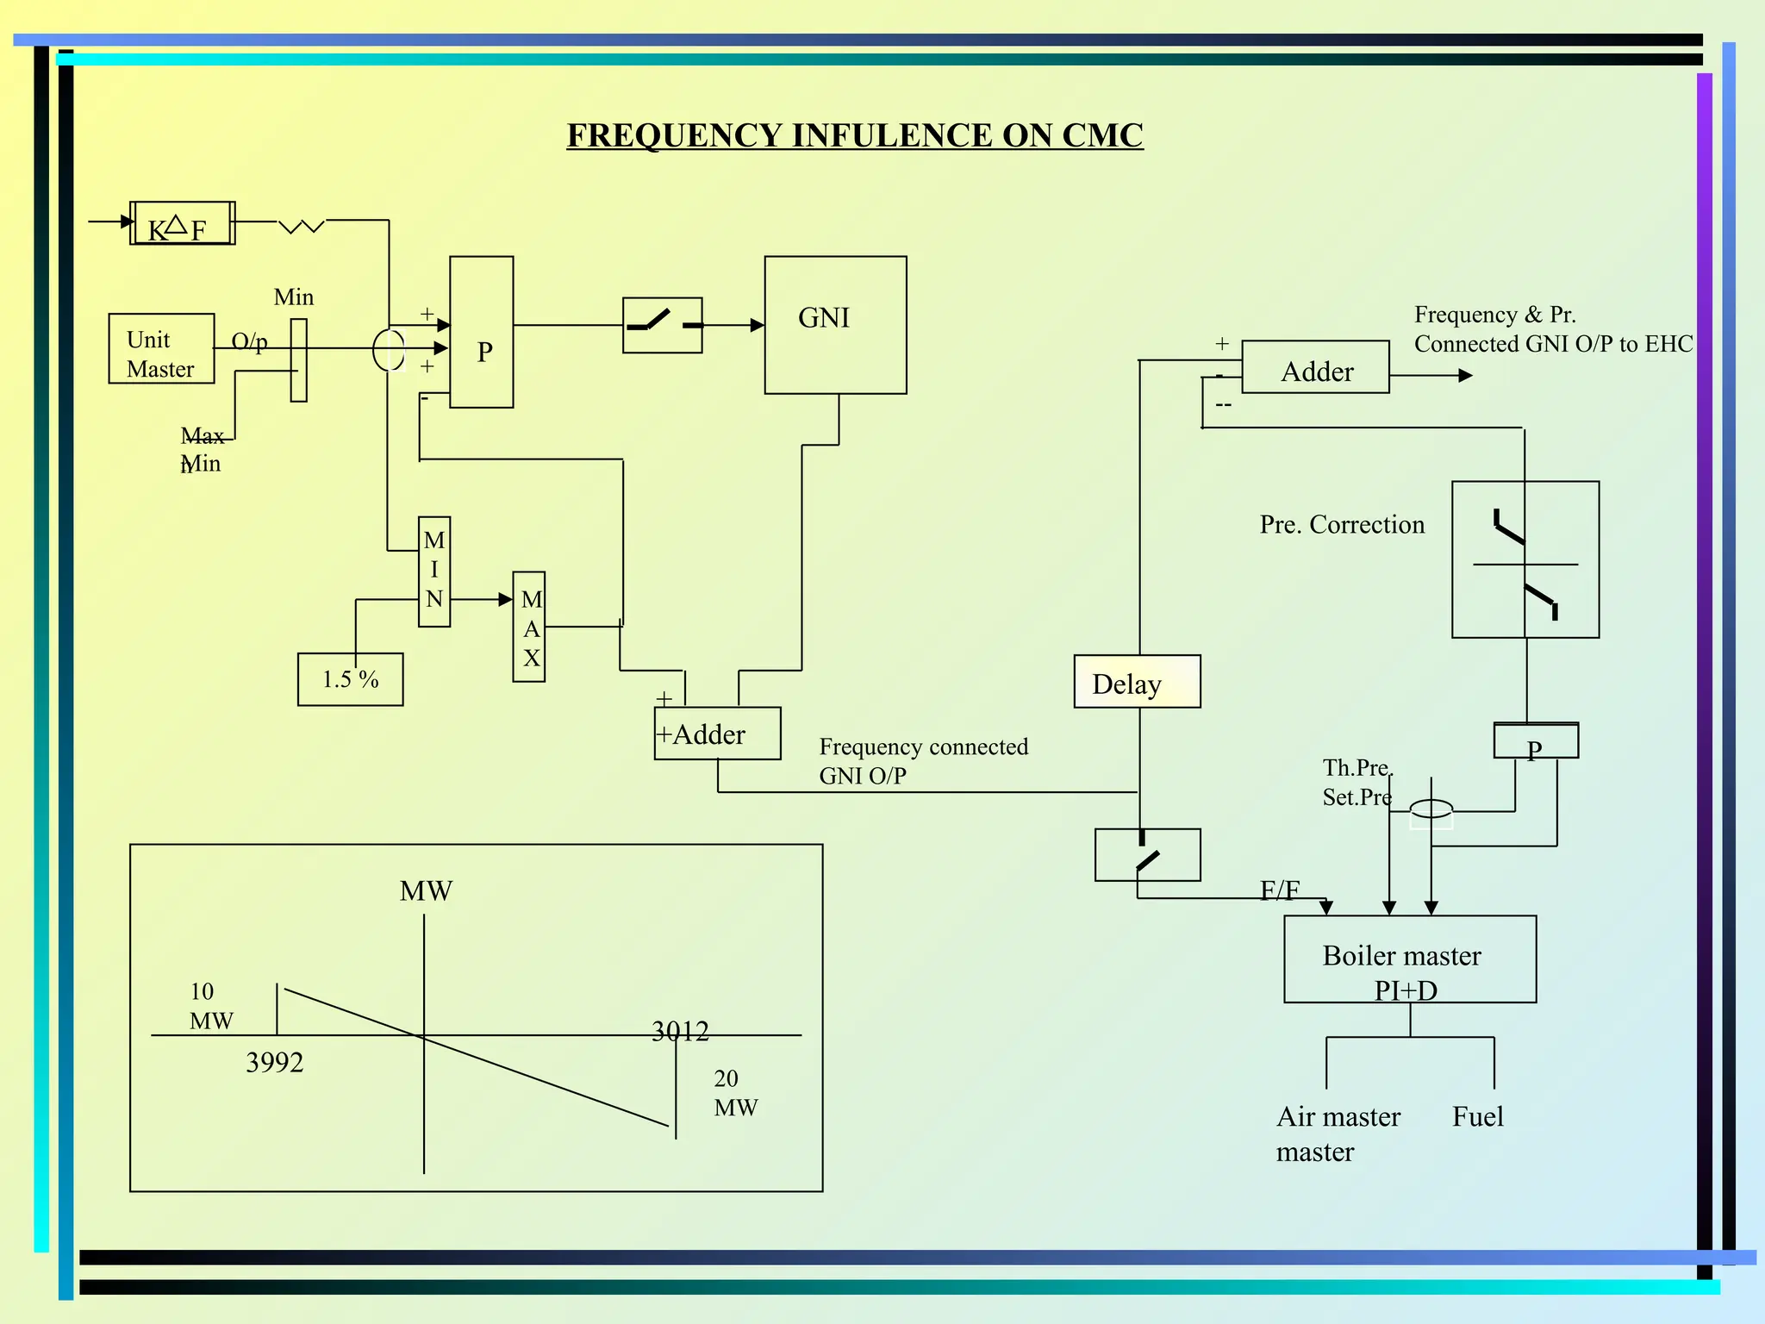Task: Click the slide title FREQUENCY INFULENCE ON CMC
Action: tap(854, 135)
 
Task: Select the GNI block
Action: tap(834, 324)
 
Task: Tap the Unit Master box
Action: tap(161, 348)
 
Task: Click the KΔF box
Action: tap(182, 223)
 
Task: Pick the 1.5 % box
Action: tap(350, 679)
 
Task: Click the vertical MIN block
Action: tap(433, 571)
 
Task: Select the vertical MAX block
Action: tap(528, 627)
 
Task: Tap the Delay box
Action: tap(1136, 682)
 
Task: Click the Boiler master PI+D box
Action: tap(1409, 959)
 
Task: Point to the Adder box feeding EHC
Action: tap(1315, 367)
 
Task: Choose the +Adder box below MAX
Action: tap(716, 734)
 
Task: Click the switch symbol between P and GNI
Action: tap(662, 325)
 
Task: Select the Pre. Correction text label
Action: tap(1341, 524)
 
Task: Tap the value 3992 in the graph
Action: tap(275, 1062)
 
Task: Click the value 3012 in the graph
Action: tap(680, 1031)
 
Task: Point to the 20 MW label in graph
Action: tap(735, 1092)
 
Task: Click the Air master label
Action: tap(1338, 1117)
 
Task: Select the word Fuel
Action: tap(1477, 1117)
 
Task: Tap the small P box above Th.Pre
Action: tap(1535, 741)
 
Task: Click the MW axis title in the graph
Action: tap(426, 890)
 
